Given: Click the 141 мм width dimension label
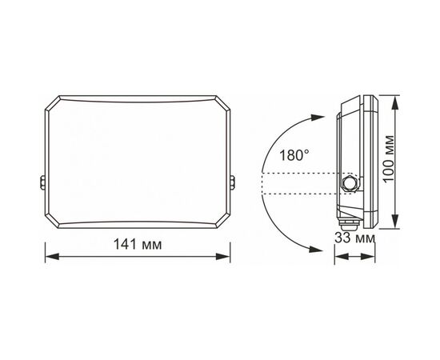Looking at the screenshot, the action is click(138, 244).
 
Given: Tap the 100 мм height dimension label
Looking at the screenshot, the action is click(389, 159).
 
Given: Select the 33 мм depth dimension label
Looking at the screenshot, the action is click(354, 238).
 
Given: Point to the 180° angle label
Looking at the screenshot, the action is click(294, 155).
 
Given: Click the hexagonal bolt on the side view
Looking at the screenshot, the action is click(350, 184).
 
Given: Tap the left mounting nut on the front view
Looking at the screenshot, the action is click(43, 182).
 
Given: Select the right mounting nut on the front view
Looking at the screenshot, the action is click(232, 182).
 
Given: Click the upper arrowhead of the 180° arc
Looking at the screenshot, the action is click(317, 118).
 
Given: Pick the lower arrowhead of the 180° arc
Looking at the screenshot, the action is click(315, 249).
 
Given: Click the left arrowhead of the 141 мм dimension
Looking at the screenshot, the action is click(52, 256).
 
